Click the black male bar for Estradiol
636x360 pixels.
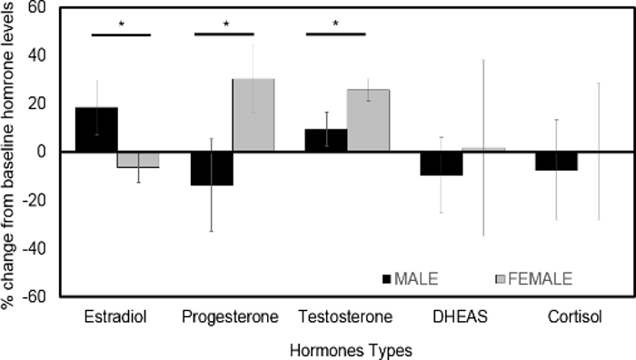96,129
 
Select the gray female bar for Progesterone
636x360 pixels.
253,115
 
